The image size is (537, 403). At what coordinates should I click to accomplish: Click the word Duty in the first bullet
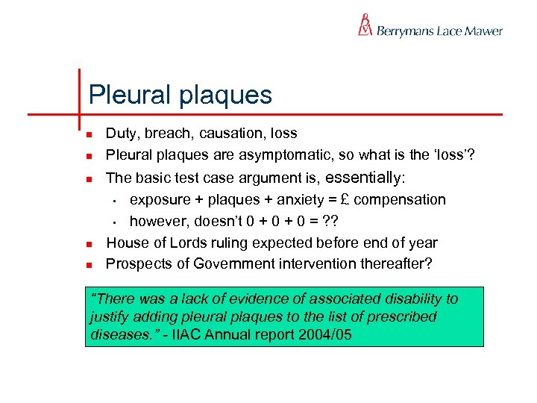tap(119, 134)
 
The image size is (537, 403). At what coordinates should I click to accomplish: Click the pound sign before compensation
tap(342, 199)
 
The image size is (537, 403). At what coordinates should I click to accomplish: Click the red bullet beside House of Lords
tap(88, 243)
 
